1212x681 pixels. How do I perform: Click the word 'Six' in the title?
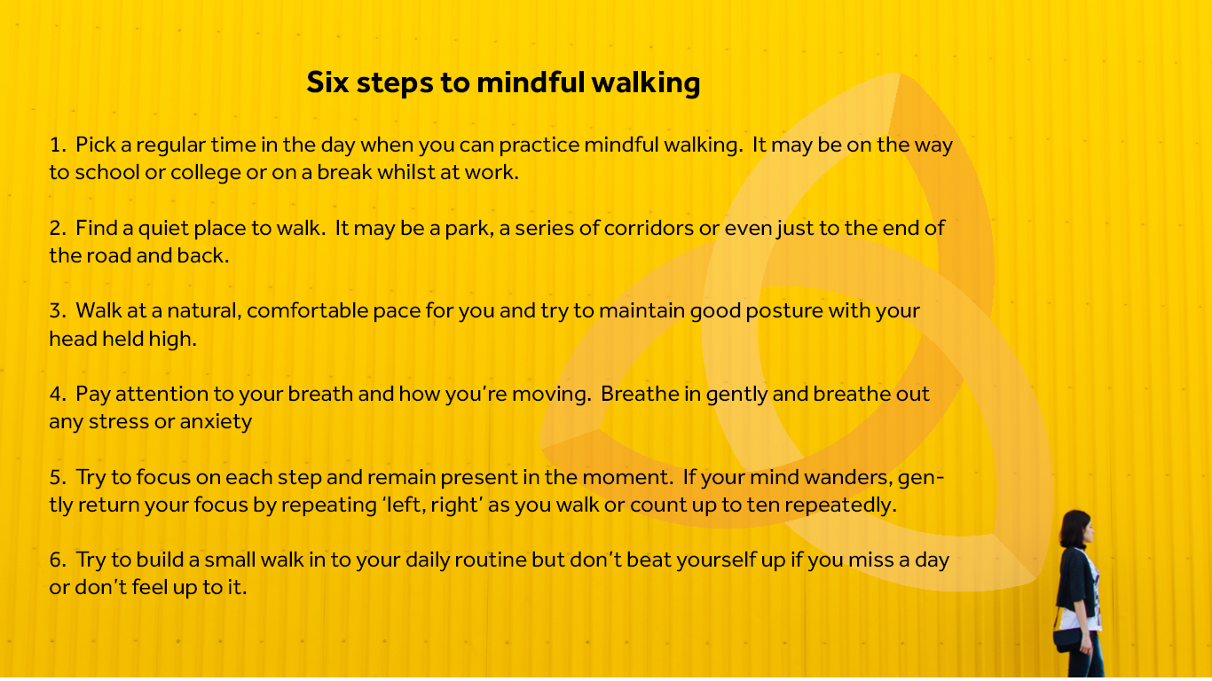327,82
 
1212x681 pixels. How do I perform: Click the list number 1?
58,145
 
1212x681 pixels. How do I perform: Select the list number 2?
58,228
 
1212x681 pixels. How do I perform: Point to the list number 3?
58,311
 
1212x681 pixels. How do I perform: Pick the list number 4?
58,395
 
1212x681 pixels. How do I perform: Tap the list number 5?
58,478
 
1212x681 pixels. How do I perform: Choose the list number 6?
58,560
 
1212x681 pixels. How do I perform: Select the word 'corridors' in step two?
649,228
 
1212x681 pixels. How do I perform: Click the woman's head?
1075,529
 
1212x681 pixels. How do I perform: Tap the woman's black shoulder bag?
1067,641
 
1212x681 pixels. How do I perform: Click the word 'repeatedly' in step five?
841,505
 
